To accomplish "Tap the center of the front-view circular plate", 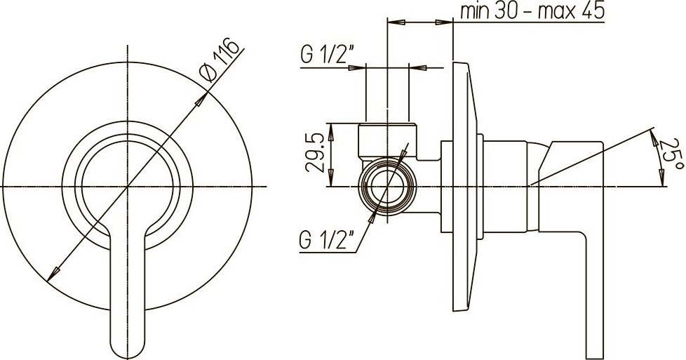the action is [x=128, y=187].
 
